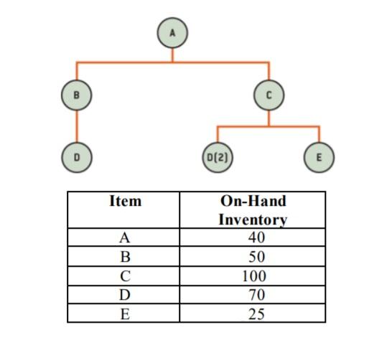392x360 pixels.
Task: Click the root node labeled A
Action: tap(172, 32)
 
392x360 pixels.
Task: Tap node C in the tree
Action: tap(269, 94)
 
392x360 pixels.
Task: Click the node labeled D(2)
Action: tap(218, 155)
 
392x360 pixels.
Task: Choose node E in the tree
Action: tap(319, 155)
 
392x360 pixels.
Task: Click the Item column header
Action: tap(125, 202)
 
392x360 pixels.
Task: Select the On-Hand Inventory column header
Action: tap(253, 210)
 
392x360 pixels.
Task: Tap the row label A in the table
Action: tap(125, 238)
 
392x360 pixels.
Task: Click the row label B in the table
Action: tap(125, 257)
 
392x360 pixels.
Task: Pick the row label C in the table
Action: tap(125, 276)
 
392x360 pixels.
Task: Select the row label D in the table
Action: tap(125, 295)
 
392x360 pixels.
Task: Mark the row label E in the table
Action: tap(125, 313)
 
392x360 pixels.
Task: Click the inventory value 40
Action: tap(256, 238)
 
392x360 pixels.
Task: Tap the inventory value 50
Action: tap(256, 257)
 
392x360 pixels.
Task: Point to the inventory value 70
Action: tap(256, 295)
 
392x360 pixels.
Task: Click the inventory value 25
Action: tap(256, 313)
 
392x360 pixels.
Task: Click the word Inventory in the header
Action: tap(253, 219)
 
